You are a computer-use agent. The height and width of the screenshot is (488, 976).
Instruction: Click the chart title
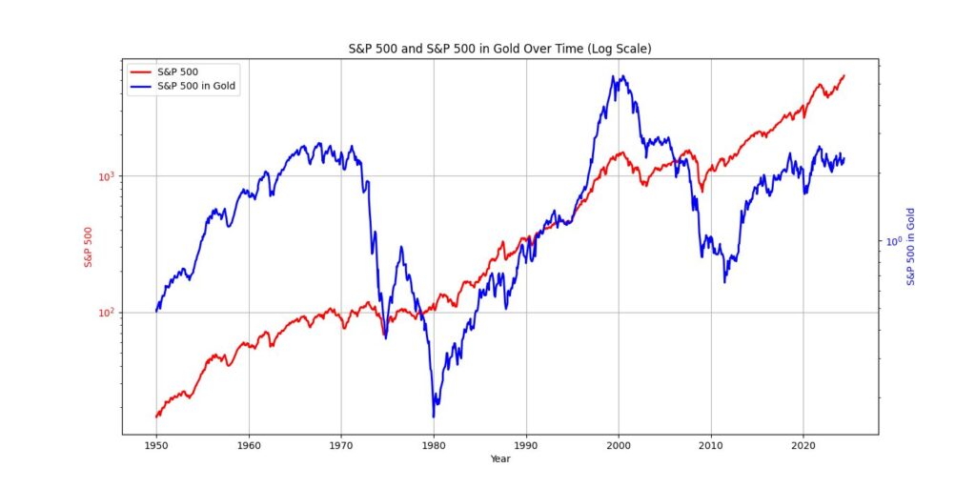(x=500, y=49)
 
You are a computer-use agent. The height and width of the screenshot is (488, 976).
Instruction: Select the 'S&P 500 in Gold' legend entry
(x=197, y=87)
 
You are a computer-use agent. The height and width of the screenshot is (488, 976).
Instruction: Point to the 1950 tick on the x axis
(x=156, y=445)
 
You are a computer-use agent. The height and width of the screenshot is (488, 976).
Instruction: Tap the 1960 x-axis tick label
(x=249, y=445)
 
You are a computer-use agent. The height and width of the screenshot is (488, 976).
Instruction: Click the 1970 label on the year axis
(x=341, y=445)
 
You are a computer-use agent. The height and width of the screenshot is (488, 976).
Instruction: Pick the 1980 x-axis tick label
(x=434, y=445)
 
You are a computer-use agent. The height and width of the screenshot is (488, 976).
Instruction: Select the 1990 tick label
(x=526, y=445)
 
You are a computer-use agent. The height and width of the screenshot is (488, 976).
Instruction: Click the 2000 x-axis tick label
(x=619, y=445)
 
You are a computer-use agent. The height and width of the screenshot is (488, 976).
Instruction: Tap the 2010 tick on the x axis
(x=711, y=445)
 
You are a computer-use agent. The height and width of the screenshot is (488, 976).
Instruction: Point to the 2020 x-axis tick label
(x=803, y=445)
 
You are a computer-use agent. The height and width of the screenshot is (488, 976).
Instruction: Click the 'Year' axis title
(x=500, y=458)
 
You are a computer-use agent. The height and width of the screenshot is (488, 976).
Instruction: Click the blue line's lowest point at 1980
(x=434, y=417)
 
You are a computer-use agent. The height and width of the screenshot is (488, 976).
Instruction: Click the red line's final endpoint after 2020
(x=844, y=74)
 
